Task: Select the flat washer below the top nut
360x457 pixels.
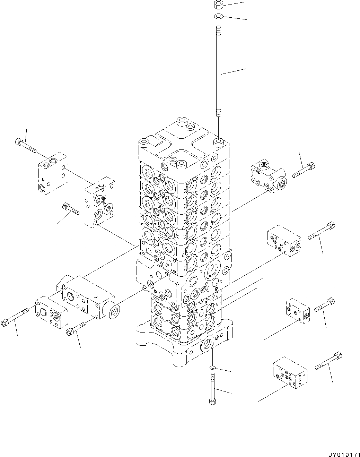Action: [218, 16]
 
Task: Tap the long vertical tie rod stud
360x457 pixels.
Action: [218, 71]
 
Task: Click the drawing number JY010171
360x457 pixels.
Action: [344, 454]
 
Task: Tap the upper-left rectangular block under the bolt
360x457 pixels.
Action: [53, 173]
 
